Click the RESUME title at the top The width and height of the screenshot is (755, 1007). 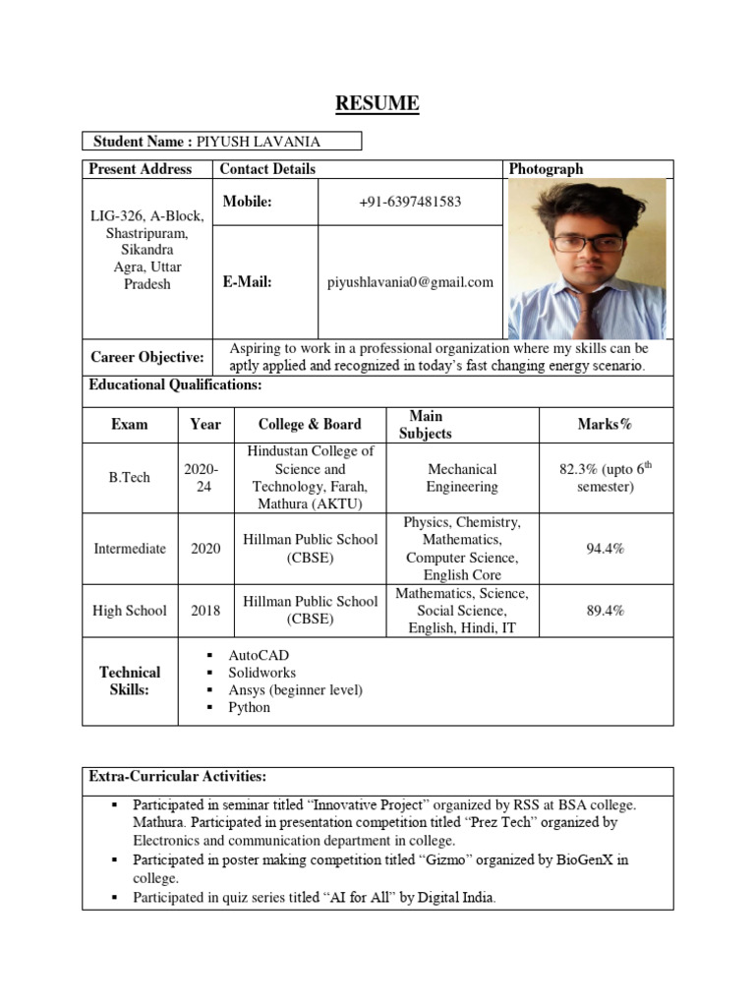[377, 103]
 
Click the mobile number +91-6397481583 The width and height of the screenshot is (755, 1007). [410, 202]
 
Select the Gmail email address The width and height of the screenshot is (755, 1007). [410, 282]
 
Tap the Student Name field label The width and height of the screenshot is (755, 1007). [142, 142]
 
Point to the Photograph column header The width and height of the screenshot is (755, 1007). [546, 169]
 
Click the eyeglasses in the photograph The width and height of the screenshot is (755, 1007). [587, 243]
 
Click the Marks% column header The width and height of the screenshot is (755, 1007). [605, 424]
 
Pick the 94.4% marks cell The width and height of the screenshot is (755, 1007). [606, 549]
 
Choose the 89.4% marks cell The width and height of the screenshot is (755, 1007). [606, 611]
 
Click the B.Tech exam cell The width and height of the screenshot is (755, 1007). [130, 478]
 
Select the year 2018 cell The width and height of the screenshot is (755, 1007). [205, 611]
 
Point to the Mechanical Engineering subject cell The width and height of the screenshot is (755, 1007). [461, 478]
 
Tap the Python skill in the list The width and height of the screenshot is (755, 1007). [249, 707]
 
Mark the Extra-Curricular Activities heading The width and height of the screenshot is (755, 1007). [177, 777]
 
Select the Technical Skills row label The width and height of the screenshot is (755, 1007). [130, 681]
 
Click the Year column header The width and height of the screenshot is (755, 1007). [205, 424]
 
